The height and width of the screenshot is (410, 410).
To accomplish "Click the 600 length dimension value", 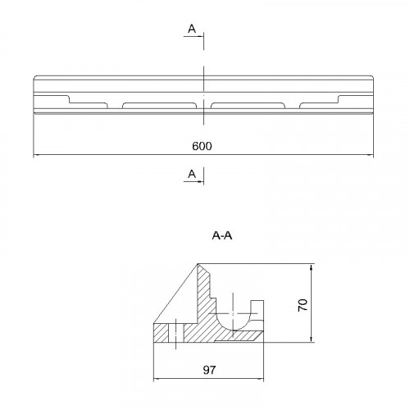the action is click(202, 146).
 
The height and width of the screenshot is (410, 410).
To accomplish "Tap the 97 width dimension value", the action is click(209, 370).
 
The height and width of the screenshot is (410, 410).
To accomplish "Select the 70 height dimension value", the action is click(303, 305).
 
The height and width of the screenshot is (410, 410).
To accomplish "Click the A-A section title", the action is click(222, 235).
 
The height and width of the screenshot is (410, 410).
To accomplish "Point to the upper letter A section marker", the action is click(192, 29).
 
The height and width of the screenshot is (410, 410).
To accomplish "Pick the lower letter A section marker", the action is click(192, 174).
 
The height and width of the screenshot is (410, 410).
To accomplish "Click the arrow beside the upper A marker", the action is click(194, 36).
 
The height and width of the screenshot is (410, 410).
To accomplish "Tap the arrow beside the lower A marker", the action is click(194, 181).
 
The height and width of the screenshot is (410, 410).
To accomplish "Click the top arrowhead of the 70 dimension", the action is click(312, 267).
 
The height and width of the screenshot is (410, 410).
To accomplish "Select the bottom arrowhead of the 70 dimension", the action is click(312, 339).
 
